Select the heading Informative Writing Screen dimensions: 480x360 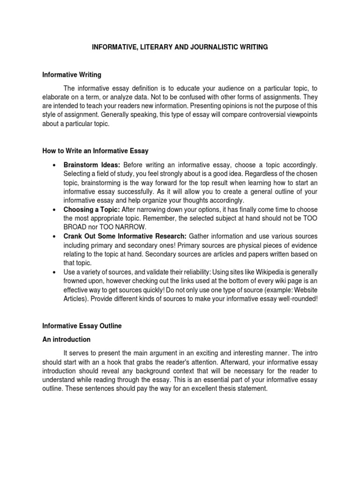point(72,75)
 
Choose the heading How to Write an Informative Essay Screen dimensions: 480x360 point(96,150)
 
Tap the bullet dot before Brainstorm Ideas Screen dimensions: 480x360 point(55,165)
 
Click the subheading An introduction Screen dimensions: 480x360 point(66,339)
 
